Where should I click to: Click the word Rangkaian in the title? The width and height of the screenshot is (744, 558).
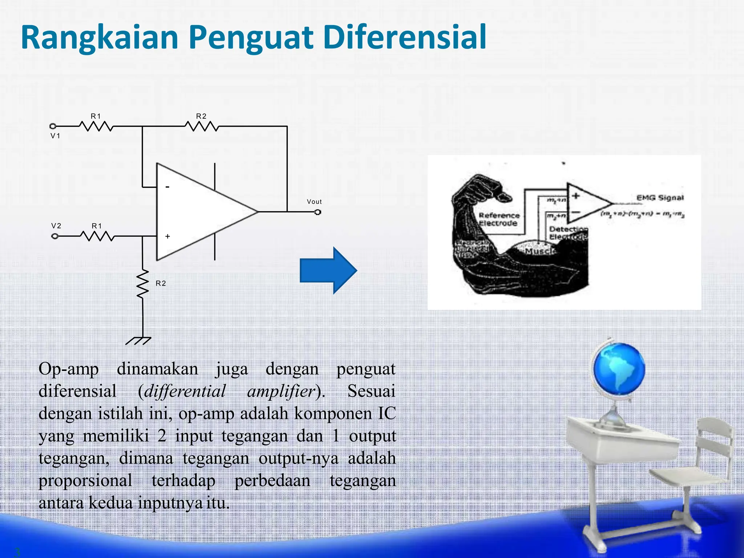click(x=100, y=38)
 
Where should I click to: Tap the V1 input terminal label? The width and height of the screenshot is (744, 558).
click(x=55, y=136)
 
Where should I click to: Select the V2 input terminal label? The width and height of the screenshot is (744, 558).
click(x=56, y=226)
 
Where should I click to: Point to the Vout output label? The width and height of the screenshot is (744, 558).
click(x=314, y=202)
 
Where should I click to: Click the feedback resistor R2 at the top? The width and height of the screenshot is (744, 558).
click(x=202, y=126)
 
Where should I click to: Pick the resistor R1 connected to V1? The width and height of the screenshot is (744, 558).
click(x=96, y=126)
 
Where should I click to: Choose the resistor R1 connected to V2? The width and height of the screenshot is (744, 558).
click(x=97, y=237)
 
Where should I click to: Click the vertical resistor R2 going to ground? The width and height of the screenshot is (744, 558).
click(x=143, y=284)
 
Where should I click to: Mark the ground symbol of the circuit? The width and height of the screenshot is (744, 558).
click(x=138, y=341)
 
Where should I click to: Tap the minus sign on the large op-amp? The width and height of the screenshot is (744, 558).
click(x=167, y=187)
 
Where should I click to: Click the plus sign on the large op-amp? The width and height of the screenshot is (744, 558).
click(x=167, y=236)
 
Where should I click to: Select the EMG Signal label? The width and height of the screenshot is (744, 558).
click(x=660, y=198)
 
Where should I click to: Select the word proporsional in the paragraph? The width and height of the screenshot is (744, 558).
click(x=85, y=481)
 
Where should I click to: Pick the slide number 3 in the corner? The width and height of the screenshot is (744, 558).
click(x=17, y=552)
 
